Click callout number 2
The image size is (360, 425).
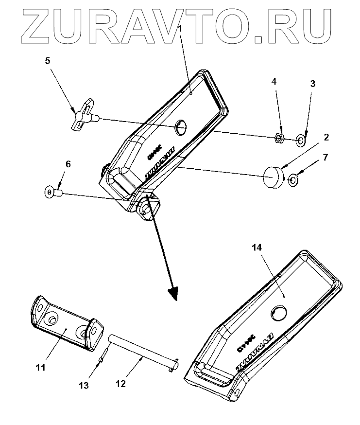[x=326, y=137]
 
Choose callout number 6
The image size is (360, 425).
[x=68, y=164]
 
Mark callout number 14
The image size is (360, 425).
[x=257, y=248]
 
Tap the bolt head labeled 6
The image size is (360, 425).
[x=51, y=192]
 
